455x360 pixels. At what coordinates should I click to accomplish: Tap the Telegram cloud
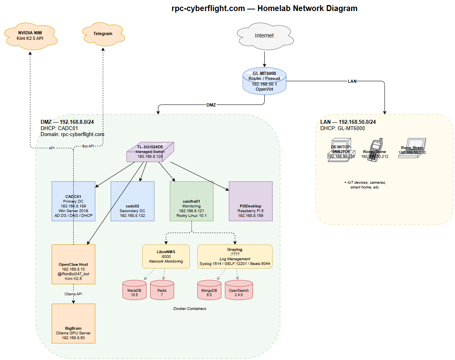[x=103, y=34]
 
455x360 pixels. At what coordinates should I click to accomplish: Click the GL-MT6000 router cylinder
[x=264, y=81]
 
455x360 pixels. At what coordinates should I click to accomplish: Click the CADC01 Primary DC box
[x=73, y=201]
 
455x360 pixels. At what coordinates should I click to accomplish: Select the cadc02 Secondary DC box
[x=132, y=201]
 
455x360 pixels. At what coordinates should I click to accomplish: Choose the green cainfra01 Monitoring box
[x=191, y=201]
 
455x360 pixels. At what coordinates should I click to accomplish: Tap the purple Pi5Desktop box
[x=251, y=201]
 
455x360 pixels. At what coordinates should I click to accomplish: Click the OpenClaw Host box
[x=73, y=264]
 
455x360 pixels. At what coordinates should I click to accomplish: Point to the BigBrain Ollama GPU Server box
[x=73, y=323]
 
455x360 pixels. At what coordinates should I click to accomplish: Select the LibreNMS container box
[x=165, y=256]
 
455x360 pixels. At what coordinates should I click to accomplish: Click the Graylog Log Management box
[x=235, y=256]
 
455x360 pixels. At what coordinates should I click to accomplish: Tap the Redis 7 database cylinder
[x=162, y=290]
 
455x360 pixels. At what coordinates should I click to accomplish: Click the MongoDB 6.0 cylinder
[x=209, y=290]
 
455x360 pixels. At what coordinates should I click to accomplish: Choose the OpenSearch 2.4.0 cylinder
[x=239, y=290]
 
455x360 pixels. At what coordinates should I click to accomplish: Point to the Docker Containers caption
[x=189, y=309]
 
